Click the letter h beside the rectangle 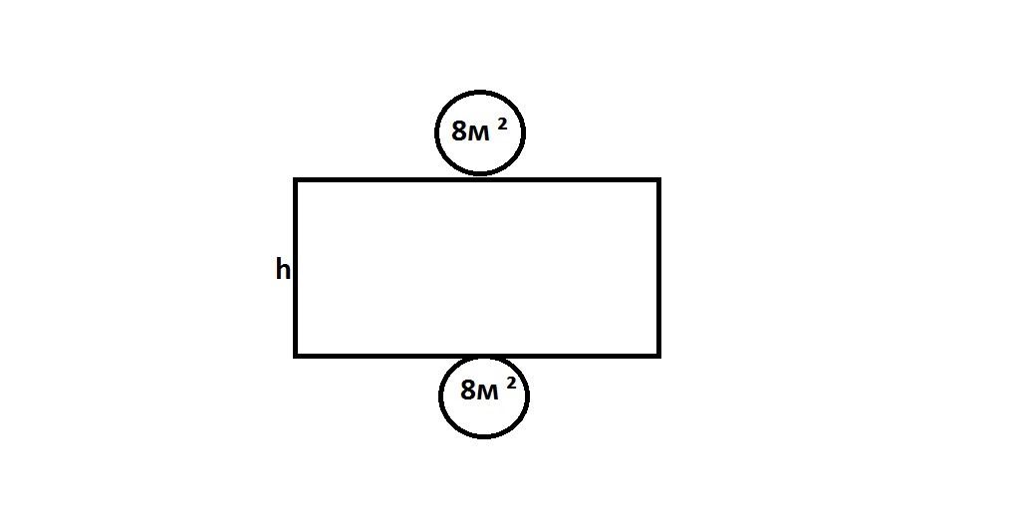coord(283,269)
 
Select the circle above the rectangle coord(435,133)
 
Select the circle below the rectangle coord(440,396)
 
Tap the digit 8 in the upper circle coord(459,131)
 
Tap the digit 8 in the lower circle coord(469,390)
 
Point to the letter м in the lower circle coord(489,393)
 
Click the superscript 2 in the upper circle coord(502,125)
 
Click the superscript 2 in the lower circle coord(511,384)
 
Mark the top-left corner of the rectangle coord(296,179)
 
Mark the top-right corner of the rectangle coord(659,179)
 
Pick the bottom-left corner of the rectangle coord(296,356)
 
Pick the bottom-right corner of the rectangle coord(659,356)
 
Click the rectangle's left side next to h coord(296,268)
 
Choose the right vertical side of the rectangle coord(659,268)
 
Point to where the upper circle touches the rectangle coord(480,176)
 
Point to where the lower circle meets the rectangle coord(484,357)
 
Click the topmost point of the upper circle coord(480,92)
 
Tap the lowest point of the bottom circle coord(484,436)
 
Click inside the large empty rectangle coord(477,268)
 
